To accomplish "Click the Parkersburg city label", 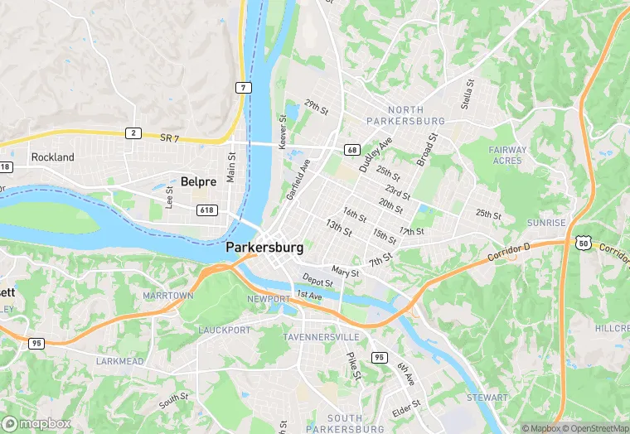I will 264,248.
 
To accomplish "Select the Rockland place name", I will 52,157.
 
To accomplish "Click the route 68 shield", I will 353,150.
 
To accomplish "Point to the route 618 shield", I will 207,210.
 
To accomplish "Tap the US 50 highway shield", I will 582,242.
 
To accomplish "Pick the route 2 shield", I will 133,133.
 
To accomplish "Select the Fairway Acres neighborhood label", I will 507,156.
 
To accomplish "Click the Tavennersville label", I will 321,337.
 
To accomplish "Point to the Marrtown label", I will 167,296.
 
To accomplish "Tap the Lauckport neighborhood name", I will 224,330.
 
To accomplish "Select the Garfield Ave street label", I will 298,179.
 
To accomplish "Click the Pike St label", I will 351,365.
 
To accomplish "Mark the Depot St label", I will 317,281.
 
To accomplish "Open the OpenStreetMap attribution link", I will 595,428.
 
